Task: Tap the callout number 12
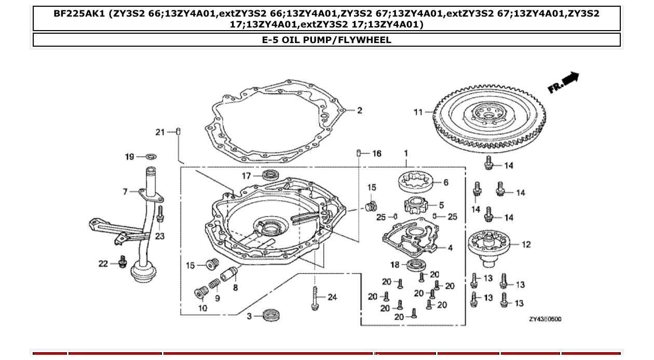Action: coord(526,244)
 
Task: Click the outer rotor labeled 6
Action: coord(416,182)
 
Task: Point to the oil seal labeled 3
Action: coord(269,314)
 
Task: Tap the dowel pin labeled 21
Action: coord(179,132)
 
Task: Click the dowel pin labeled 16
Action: coord(359,153)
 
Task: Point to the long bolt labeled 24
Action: coord(315,299)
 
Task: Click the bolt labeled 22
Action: coord(123,262)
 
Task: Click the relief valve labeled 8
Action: coord(228,273)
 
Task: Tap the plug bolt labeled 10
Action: coord(201,293)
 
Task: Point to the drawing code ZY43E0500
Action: coord(544,320)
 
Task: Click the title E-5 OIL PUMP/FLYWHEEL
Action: coord(326,40)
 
